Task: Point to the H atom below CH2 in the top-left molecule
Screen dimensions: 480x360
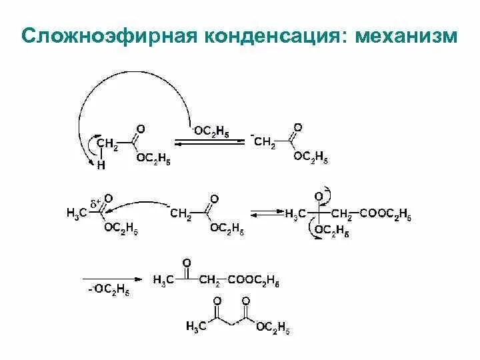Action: click(101, 167)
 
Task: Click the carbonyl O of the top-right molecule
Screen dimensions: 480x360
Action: click(297, 127)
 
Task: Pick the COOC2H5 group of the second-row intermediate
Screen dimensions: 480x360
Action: click(385, 213)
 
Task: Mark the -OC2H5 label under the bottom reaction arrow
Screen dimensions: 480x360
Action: click(109, 290)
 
